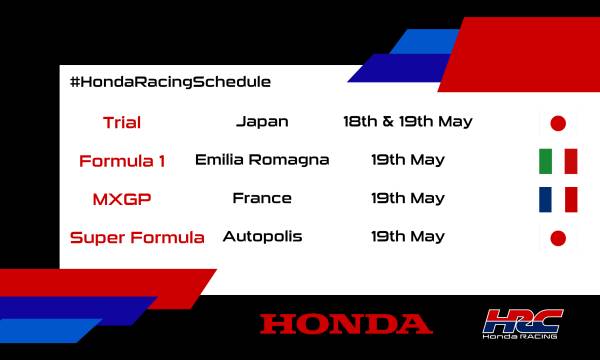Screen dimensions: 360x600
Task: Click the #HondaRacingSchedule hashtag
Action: click(x=171, y=81)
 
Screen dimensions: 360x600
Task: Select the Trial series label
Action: click(x=122, y=123)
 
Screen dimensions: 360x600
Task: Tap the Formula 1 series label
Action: click(x=122, y=160)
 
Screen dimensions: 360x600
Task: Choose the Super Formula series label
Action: click(x=137, y=237)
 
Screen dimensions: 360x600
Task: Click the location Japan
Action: click(x=262, y=122)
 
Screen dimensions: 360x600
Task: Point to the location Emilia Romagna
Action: click(x=262, y=159)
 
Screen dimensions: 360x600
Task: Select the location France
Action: click(x=262, y=198)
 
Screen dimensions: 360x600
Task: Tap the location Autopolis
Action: click(x=262, y=237)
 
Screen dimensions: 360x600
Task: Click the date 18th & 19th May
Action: click(x=407, y=122)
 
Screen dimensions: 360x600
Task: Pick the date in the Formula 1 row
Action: click(x=407, y=159)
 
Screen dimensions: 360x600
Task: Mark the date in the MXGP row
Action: click(x=407, y=198)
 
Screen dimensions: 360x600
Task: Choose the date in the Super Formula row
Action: click(x=407, y=237)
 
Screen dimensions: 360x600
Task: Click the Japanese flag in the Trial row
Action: click(x=558, y=124)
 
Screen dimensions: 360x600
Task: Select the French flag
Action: click(x=558, y=199)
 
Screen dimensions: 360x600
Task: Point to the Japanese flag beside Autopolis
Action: click(x=558, y=238)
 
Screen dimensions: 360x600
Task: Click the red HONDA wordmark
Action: click(x=346, y=323)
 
